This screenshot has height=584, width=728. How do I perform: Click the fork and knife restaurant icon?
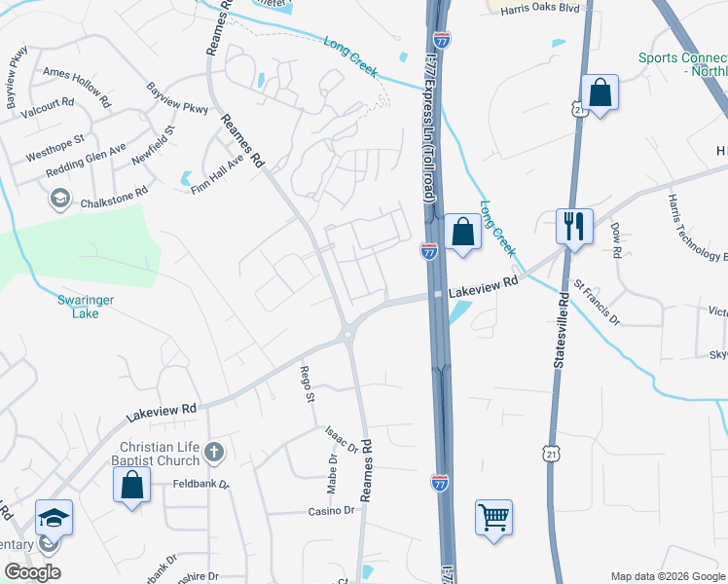tap(573, 227)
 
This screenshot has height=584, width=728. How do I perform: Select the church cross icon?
tap(215, 453)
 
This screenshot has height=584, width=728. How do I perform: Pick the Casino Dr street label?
tap(332, 511)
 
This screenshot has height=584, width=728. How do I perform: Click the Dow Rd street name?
tap(616, 240)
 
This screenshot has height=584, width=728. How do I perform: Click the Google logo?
tap(32, 572)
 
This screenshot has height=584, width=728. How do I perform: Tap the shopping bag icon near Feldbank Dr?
tap(130, 486)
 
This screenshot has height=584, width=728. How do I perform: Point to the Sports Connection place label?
tap(682, 64)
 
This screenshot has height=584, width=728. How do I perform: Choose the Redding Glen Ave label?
tap(87, 163)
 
